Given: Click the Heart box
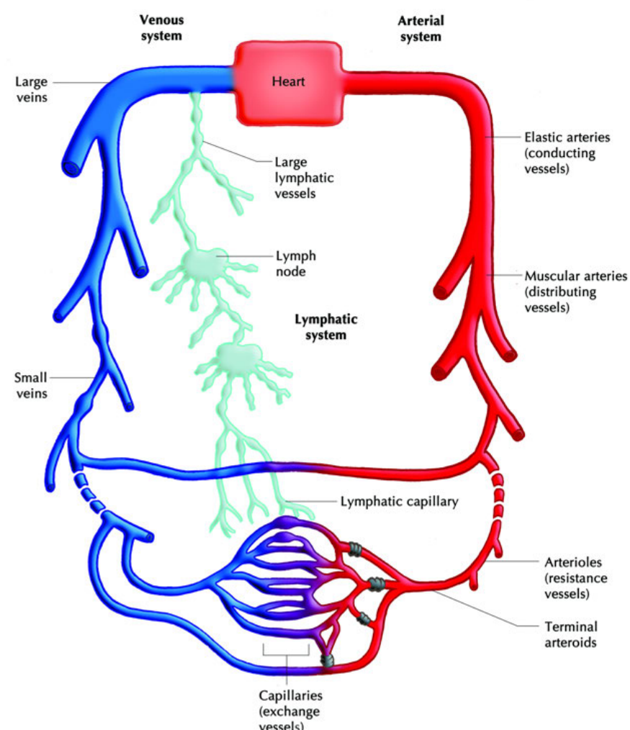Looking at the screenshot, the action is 288,83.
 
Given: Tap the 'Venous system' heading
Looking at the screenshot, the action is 161,28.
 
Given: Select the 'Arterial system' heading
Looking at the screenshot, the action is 420,28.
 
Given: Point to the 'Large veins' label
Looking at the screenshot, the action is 32,89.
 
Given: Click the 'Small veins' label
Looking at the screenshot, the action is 31,385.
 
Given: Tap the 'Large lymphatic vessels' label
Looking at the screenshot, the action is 304,177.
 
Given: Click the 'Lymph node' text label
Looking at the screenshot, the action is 296,263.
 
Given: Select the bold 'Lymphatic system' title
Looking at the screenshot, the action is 326,327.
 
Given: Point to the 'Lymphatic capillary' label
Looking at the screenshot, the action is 399,501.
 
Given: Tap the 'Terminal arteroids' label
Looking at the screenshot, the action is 571,634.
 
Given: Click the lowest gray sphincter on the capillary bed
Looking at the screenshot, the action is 328,660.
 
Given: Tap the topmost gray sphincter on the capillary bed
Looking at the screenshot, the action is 355,549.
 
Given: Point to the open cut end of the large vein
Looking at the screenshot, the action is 72,168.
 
